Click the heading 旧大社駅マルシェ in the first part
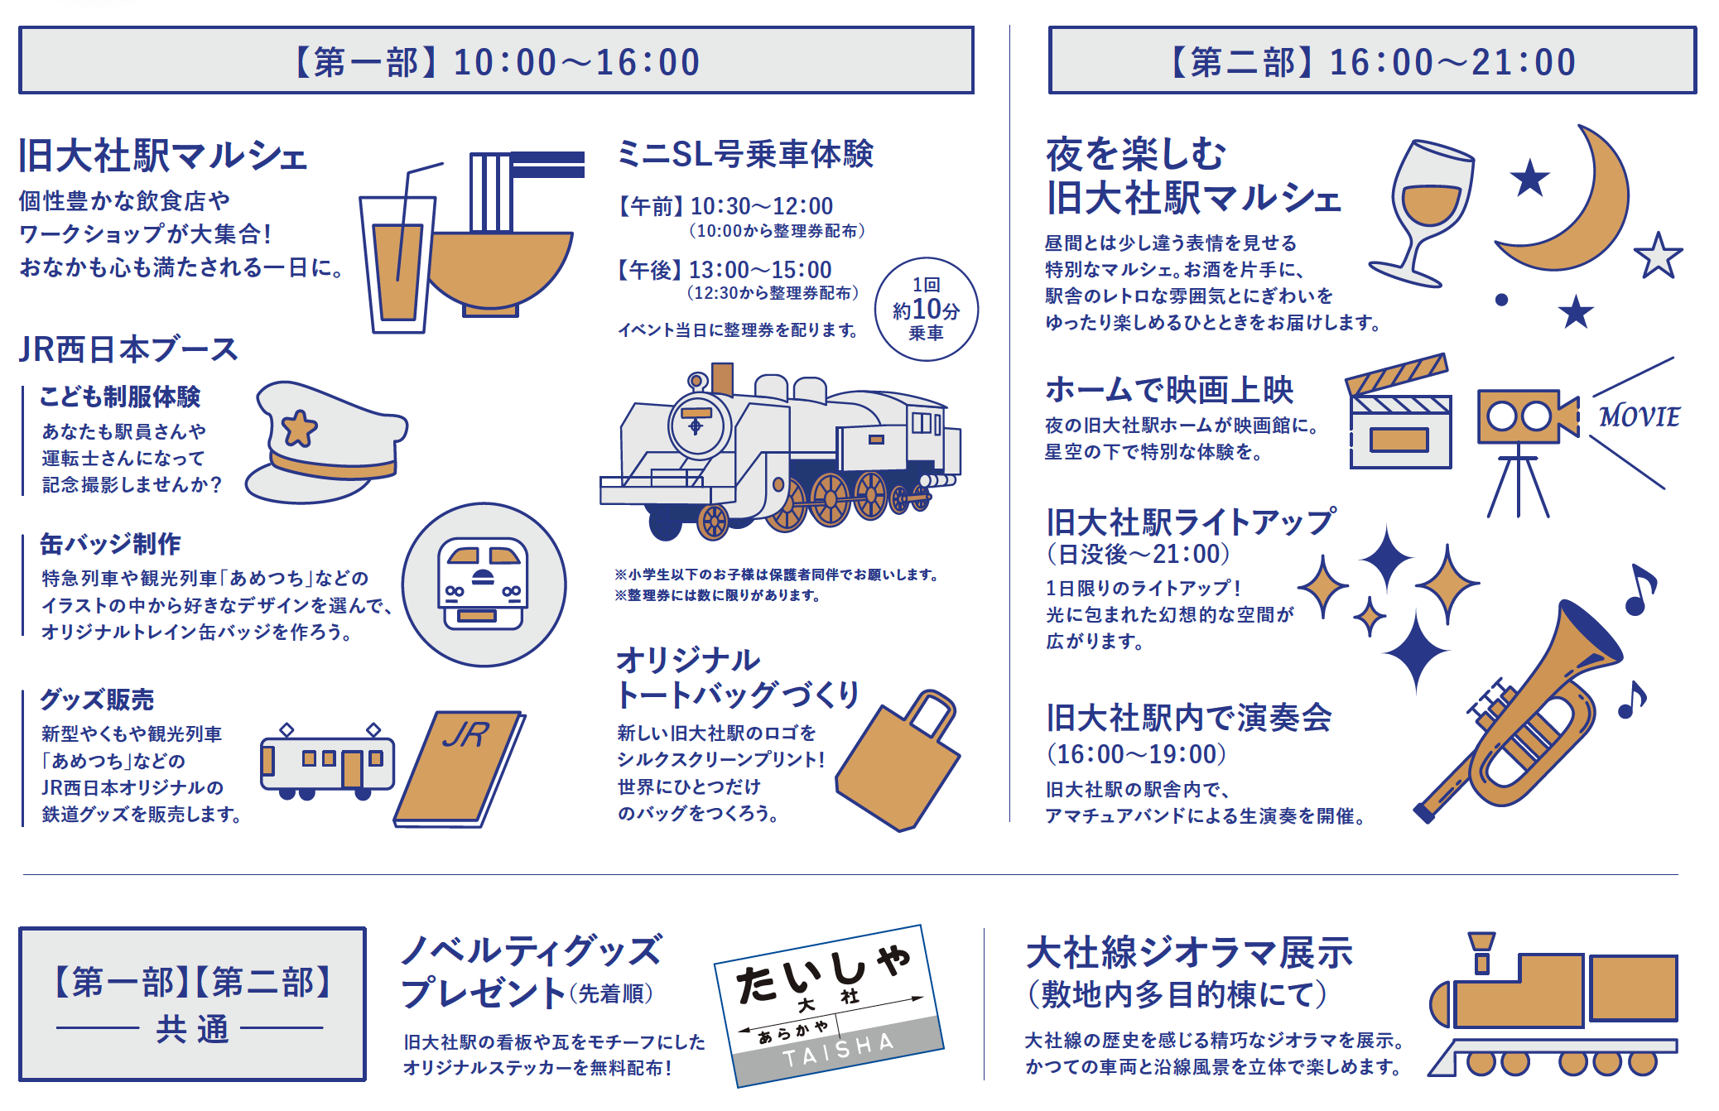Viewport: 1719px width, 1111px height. (163, 156)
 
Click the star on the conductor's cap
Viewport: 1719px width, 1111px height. (299, 428)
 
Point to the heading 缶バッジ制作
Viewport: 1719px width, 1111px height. (111, 544)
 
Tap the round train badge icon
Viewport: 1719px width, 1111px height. (484, 584)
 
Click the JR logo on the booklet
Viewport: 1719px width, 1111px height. (466, 734)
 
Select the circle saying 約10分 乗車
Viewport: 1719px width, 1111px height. (926, 310)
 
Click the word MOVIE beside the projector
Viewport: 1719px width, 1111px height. (1639, 416)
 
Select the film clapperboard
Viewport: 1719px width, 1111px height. (1399, 418)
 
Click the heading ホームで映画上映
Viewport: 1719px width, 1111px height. (1169, 390)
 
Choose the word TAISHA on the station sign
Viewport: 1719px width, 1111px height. (838, 1049)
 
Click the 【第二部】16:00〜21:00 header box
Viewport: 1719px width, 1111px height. (1372, 60)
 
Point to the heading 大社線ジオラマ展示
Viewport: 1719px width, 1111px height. (1189, 954)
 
